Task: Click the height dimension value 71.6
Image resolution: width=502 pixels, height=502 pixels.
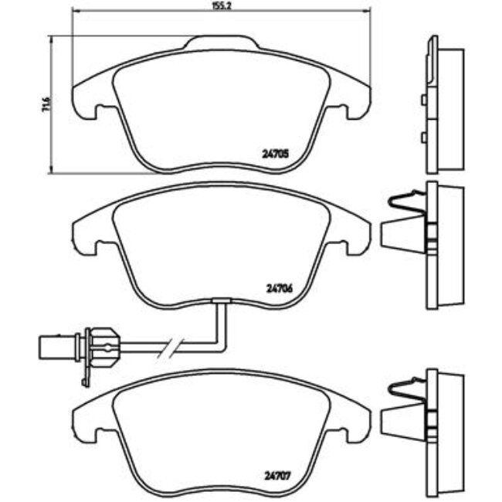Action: click(46, 104)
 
